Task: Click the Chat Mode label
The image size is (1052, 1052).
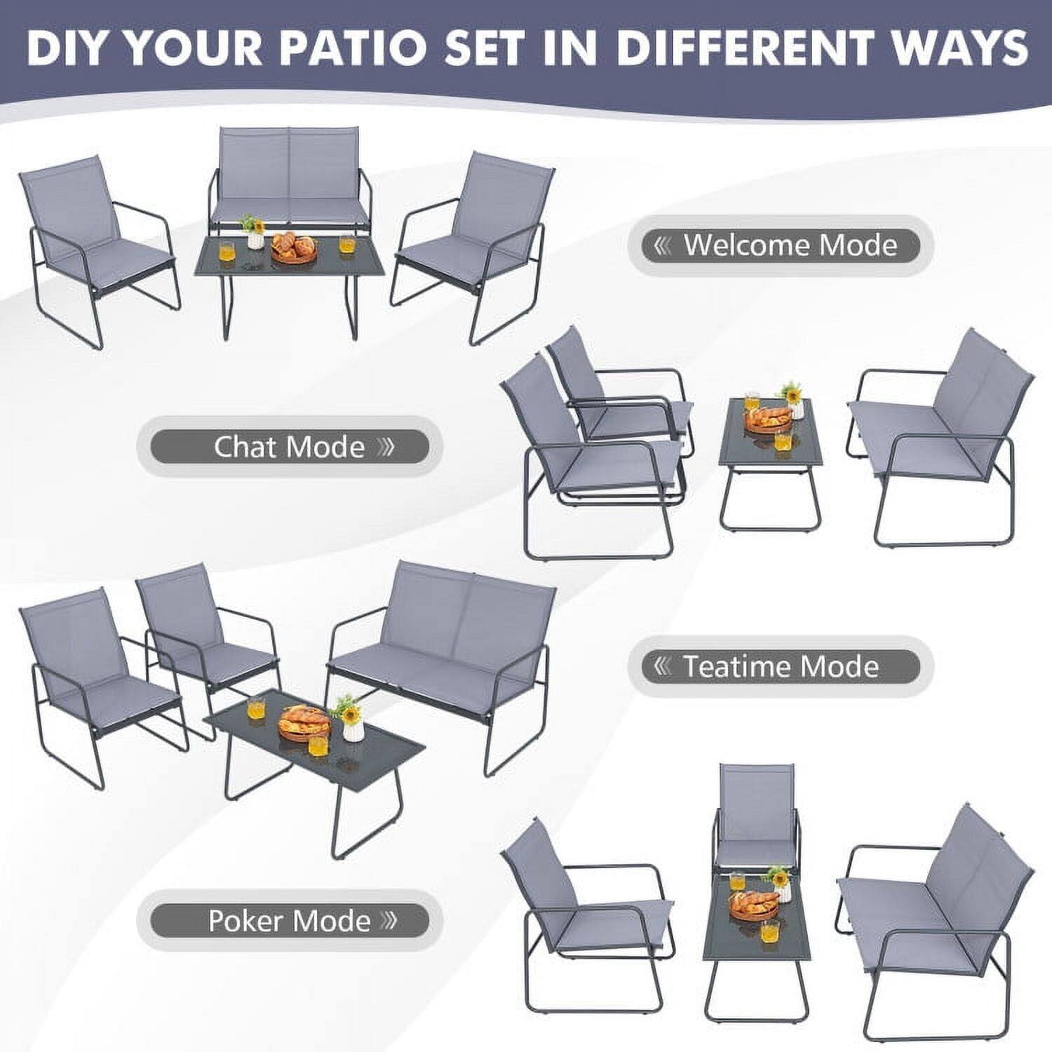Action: pyautogui.click(x=289, y=447)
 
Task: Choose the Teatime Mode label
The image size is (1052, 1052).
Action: pyautogui.click(x=780, y=666)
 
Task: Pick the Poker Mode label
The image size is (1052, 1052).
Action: pyautogui.click(x=289, y=920)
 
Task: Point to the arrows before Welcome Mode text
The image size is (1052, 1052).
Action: pyautogui.click(x=662, y=245)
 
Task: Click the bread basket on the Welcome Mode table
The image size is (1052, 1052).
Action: pyautogui.click(x=294, y=248)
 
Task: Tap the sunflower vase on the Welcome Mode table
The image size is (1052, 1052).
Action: pyautogui.click(x=254, y=231)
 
